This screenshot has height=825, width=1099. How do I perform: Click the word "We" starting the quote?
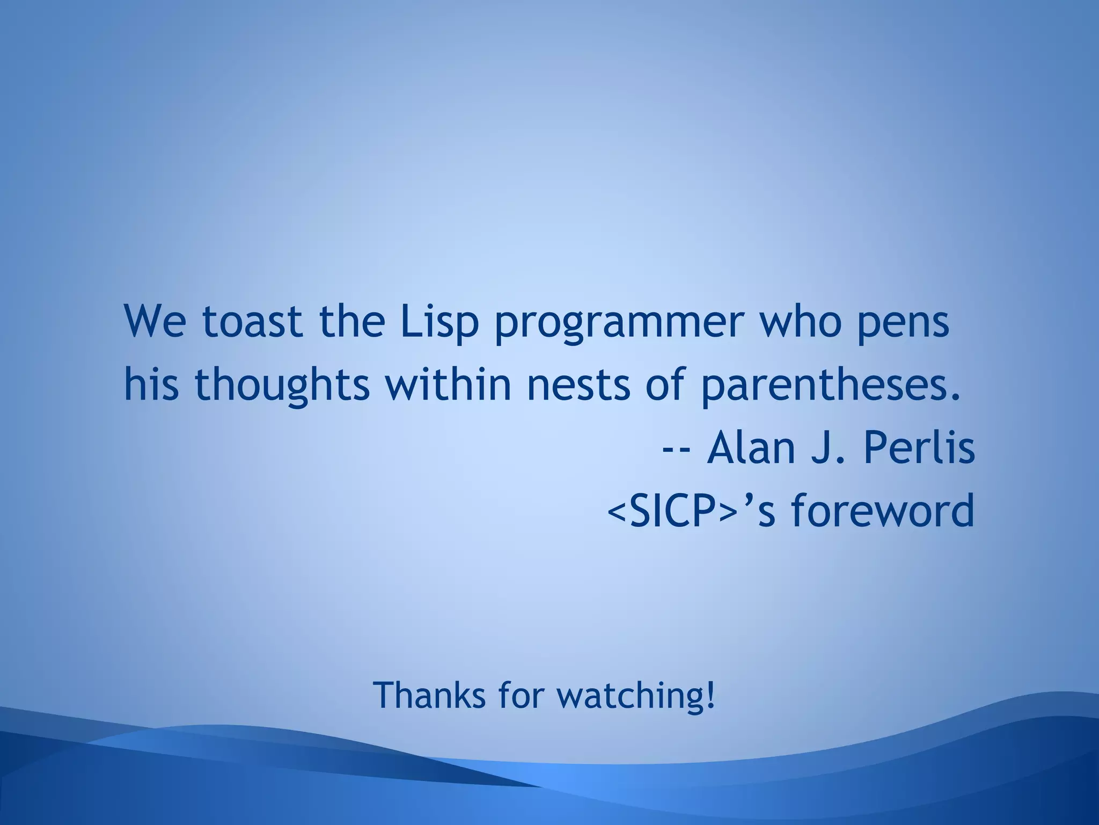(x=155, y=322)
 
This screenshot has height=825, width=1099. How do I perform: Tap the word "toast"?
(x=252, y=322)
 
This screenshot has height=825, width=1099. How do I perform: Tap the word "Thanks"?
(x=429, y=694)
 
